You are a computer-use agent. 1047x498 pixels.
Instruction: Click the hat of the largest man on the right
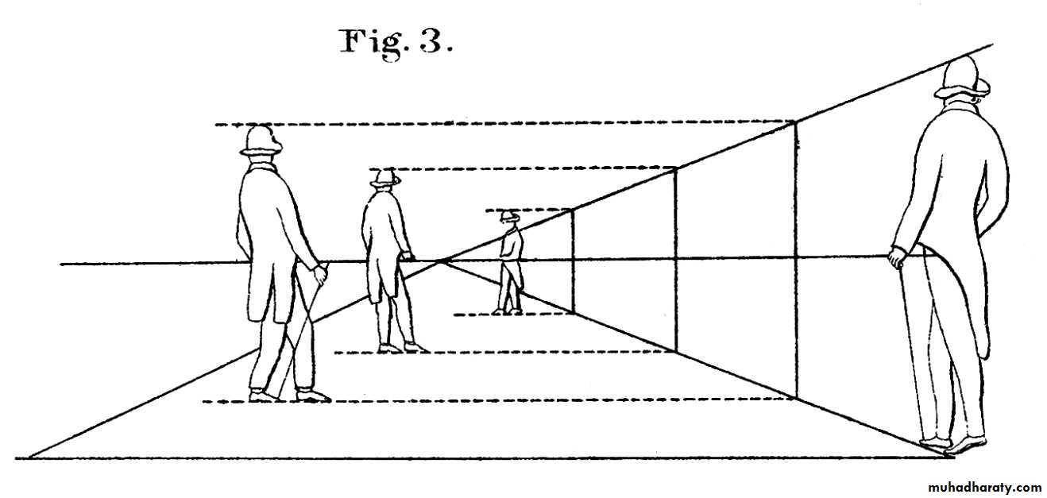(x=962, y=79)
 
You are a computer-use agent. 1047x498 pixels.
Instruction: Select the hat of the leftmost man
(x=261, y=141)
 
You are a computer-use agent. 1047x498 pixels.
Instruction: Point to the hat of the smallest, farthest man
(x=508, y=215)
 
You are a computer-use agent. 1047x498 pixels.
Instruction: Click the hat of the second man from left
(x=385, y=179)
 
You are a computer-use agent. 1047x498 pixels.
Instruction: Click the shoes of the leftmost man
(x=290, y=395)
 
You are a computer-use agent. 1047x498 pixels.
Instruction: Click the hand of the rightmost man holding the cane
(x=897, y=258)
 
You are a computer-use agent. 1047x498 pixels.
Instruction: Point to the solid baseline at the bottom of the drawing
(x=477, y=457)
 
